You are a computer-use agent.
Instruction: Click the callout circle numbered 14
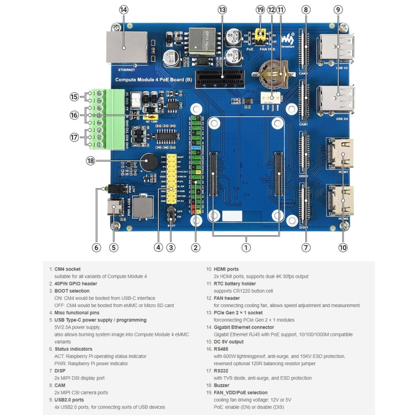[x=123, y=9]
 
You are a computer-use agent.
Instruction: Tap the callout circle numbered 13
[x=222, y=9]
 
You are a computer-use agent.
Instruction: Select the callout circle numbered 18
[x=91, y=160]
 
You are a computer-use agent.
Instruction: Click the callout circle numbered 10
[x=343, y=247]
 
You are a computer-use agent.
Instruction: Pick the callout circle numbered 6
[x=96, y=247]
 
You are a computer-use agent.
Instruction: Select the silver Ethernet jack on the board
[x=126, y=47]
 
